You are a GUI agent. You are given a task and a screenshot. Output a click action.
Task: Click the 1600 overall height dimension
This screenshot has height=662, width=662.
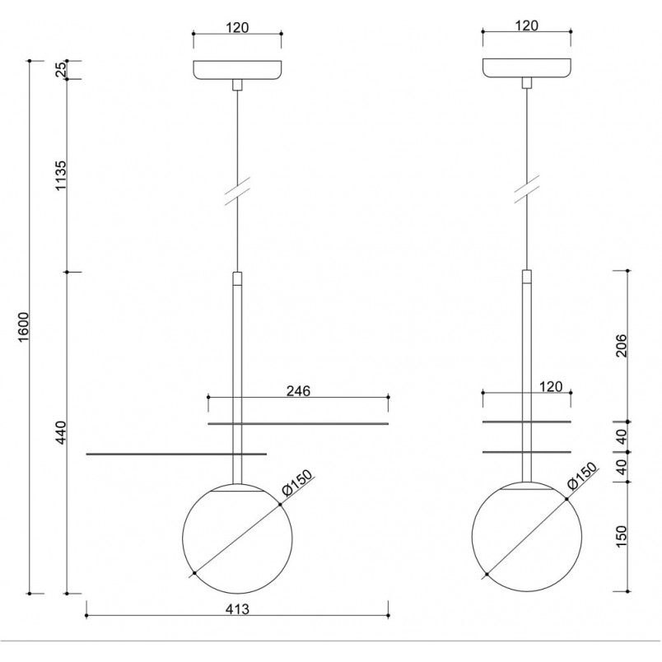pos(24,327)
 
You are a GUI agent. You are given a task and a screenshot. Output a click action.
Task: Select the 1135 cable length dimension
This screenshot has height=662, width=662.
pos(61,175)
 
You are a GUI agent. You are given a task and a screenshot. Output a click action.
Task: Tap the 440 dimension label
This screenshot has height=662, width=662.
pos(61,432)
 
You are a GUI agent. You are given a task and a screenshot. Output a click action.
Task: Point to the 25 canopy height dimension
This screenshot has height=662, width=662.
pos(62,69)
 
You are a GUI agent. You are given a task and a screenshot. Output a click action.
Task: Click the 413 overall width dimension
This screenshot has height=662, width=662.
pos(237,609)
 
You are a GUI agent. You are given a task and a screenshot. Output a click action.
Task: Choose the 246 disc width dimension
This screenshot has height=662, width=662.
pos(298,391)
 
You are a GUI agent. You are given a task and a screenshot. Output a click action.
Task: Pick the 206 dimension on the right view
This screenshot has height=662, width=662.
pos(622,345)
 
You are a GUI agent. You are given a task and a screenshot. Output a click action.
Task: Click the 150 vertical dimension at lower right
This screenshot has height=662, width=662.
pos(622,536)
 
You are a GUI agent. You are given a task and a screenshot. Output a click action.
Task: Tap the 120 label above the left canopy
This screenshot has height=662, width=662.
pos(237,27)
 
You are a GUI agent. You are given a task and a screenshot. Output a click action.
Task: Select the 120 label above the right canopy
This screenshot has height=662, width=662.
pos(526,26)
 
